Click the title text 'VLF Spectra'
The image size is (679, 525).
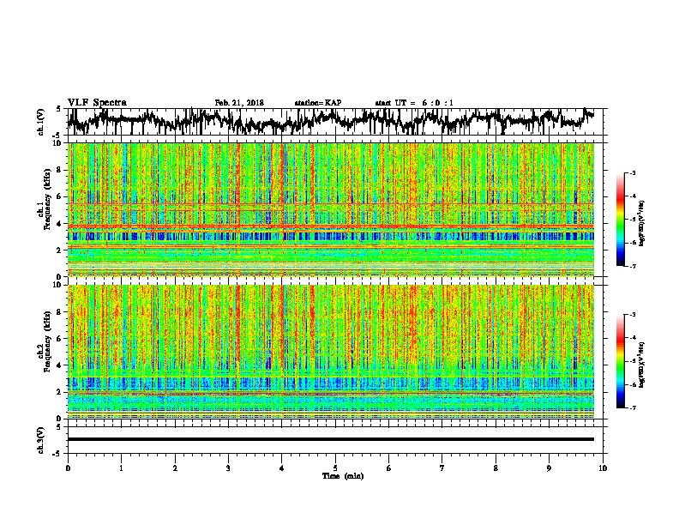point(97,102)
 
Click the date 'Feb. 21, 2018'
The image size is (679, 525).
point(239,103)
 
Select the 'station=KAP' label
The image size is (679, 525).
point(317,103)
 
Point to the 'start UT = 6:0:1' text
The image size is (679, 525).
point(414,103)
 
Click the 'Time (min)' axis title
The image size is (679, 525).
point(335,475)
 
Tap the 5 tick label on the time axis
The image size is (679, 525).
point(335,468)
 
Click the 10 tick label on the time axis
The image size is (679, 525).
point(603,468)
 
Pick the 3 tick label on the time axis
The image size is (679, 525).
point(228,468)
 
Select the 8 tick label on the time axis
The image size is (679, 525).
point(496,468)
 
